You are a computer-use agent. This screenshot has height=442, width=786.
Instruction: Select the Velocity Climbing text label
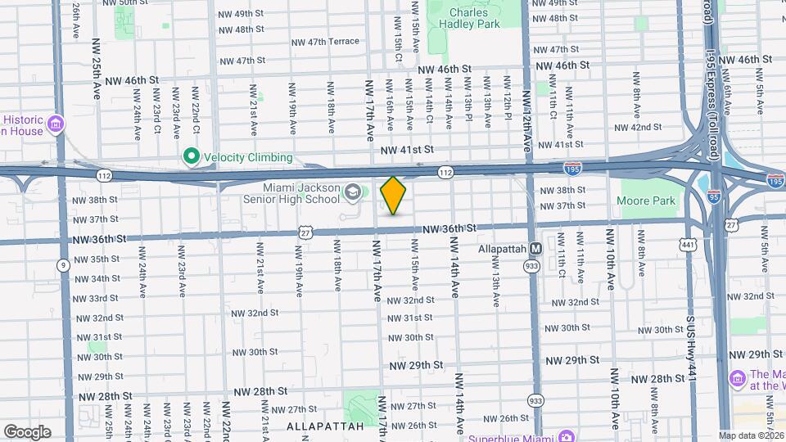click(x=247, y=157)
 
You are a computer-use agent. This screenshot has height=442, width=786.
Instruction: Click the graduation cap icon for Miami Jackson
click(x=352, y=192)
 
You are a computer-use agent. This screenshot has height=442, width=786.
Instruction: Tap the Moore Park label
click(x=647, y=201)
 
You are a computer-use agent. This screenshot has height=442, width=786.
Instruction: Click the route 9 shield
click(x=63, y=264)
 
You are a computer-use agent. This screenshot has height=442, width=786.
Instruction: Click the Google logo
click(x=27, y=431)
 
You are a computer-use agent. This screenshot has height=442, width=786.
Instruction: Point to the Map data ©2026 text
click(x=751, y=435)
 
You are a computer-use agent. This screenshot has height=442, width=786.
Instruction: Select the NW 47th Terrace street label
click(x=327, y=42)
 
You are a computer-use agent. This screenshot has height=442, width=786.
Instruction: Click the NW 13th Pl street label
click(x=468, y=109)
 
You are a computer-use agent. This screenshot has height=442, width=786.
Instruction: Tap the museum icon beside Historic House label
click(x=56, y=124)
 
